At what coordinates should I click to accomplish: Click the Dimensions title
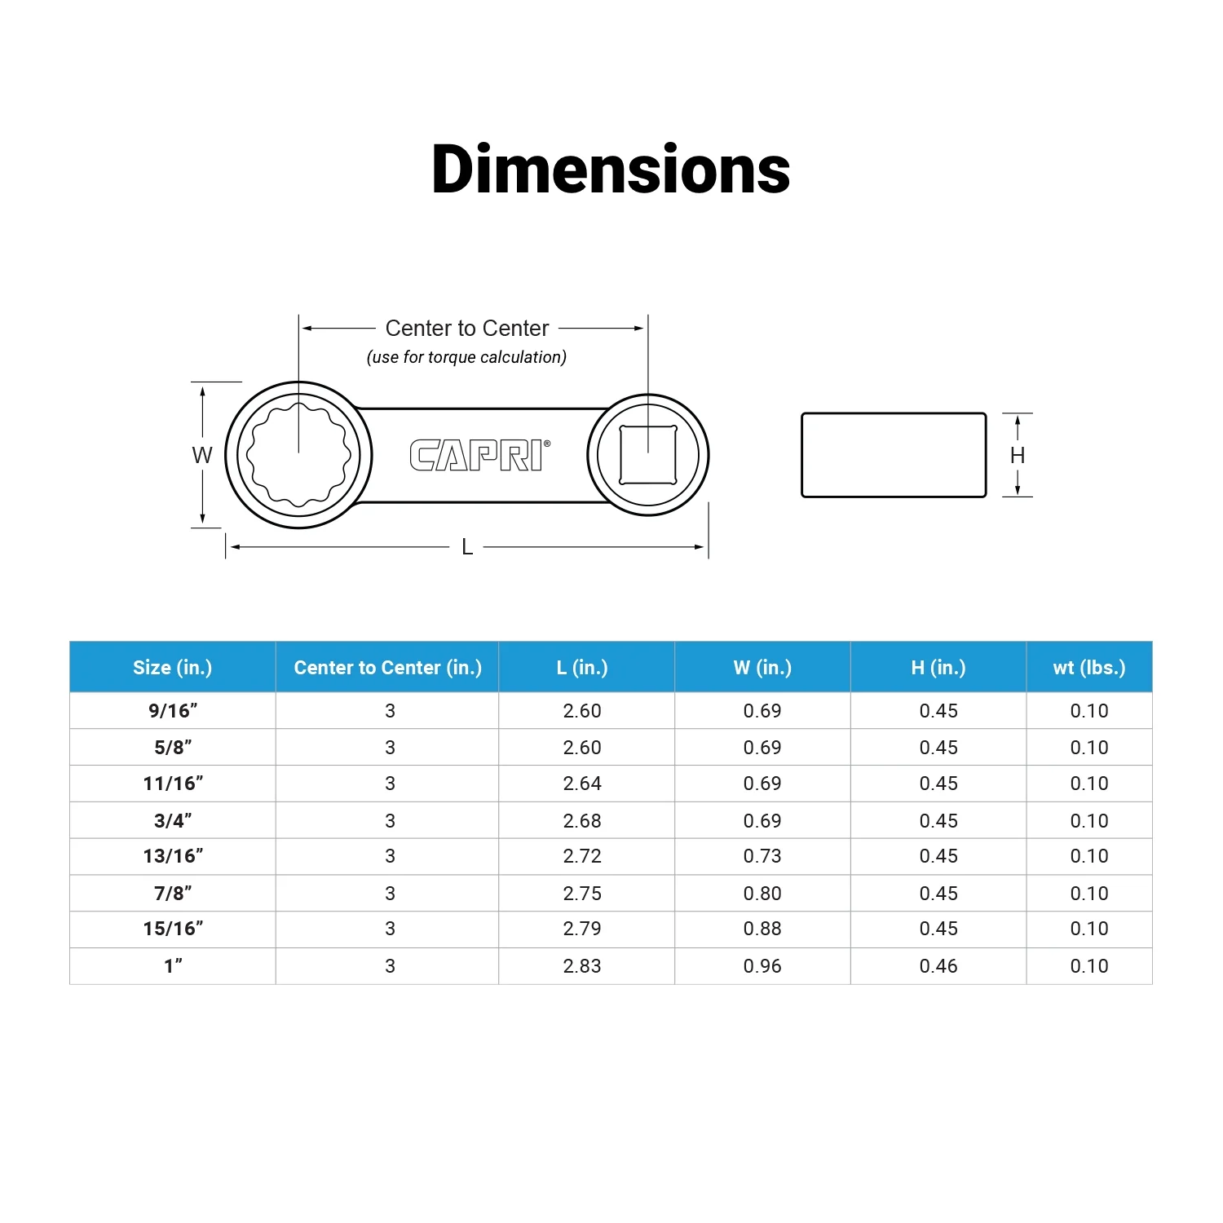611,170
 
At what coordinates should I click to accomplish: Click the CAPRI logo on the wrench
479,455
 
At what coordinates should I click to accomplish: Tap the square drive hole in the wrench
648,454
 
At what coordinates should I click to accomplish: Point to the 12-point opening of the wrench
298,455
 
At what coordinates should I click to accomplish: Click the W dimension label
202,455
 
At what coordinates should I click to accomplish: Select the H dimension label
1018,455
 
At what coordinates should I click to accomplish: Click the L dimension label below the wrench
467,547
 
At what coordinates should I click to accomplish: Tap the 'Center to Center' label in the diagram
467,328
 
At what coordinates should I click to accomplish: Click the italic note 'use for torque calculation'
466,357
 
